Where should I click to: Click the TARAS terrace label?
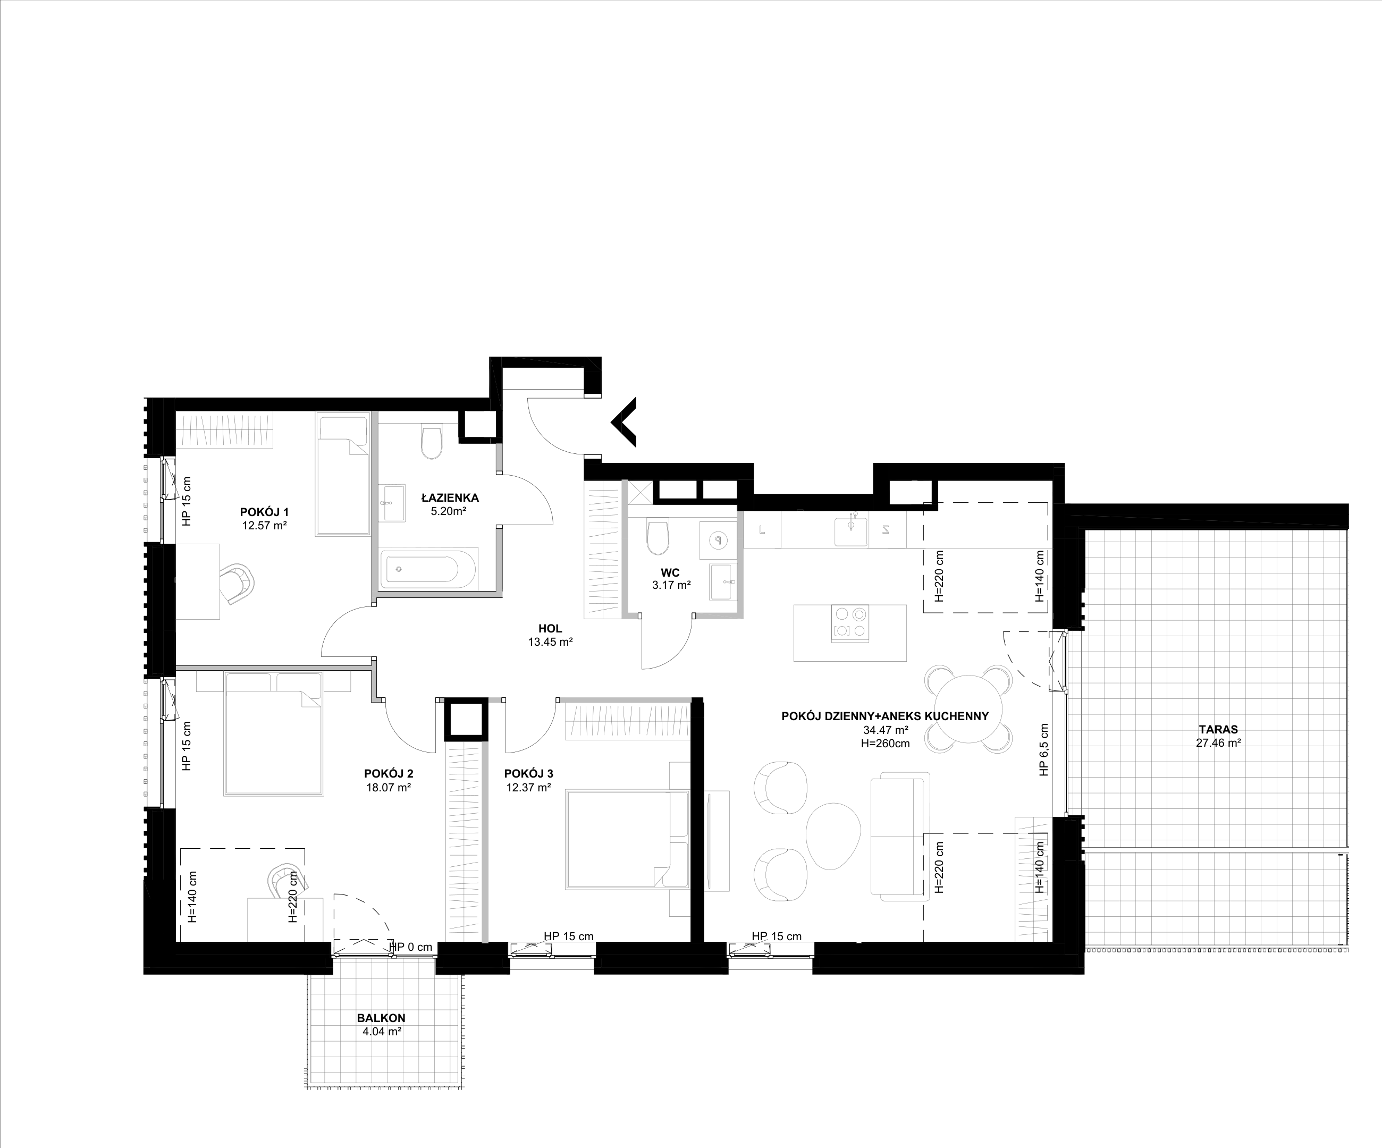pos(1218,730)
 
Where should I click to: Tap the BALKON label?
pos(381,1018)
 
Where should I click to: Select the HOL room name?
pos(550,629)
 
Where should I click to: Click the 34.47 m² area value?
pos(885,730)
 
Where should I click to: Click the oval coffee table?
pos(833,835)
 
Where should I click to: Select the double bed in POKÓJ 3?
pos(628,839)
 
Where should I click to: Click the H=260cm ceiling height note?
pos(885,744)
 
